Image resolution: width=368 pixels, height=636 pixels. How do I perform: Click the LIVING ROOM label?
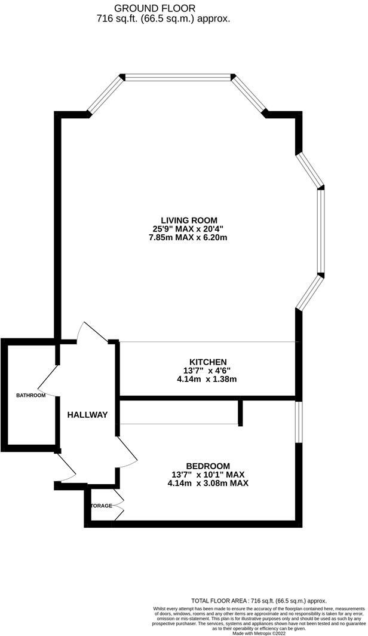click(x=189, y=220)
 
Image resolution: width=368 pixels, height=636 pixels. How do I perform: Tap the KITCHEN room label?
click(x=208, y=362)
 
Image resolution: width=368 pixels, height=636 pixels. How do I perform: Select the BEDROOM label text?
click(x=208, y=466)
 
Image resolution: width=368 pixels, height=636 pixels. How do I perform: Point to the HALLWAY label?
click(x=87, y=415)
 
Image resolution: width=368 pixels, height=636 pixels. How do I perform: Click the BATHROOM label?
click(x=31, y=395)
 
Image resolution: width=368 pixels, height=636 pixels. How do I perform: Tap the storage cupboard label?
click(x=102, y=506)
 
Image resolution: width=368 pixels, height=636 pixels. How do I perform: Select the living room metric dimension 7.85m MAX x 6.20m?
click(x=189, y=237)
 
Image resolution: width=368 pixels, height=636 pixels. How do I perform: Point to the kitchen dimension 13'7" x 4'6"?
click(x=208, y=371)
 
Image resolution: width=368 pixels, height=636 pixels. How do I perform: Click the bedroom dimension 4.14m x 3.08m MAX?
click(x=208, y=483)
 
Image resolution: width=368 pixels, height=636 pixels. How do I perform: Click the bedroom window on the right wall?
click(x=298, y=422)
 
